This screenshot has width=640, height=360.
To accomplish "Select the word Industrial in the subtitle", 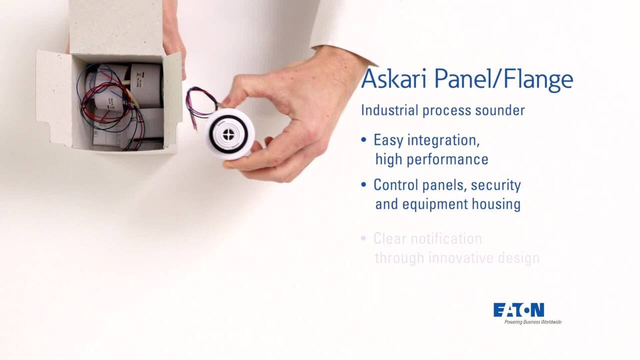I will coord(389,110).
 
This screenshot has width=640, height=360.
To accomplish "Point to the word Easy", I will coord(388,140).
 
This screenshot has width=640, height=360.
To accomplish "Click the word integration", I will coord(443,140).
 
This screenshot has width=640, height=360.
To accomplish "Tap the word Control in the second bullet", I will coord(393,185).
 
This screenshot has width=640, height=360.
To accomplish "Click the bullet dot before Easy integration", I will coord(363,139).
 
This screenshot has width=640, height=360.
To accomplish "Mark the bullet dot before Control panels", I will coord(363,184).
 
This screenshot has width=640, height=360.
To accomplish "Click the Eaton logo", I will coord(518,310).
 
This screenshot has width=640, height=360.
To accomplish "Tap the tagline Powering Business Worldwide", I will coord(532,322).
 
